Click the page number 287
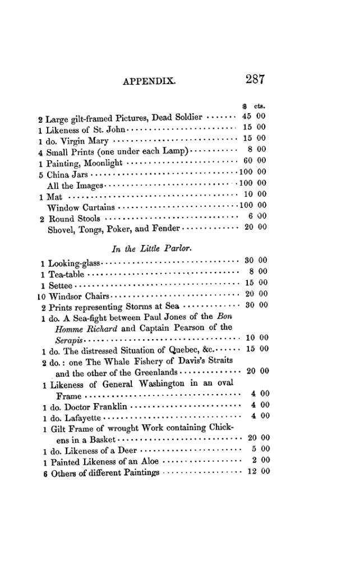(254, 80)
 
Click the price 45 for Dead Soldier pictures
(247, 117)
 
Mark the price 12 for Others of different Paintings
(251, 471)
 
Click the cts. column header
(260, 106)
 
